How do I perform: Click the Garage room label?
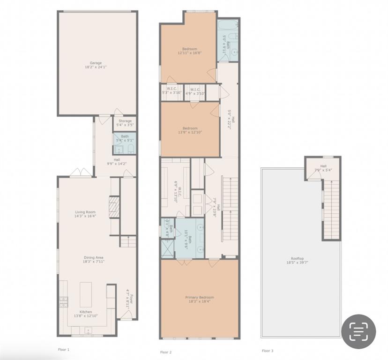coord(96,65)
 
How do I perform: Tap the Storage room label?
coord(125,123)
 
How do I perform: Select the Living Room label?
coord(85,214)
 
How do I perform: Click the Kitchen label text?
coord(85,314)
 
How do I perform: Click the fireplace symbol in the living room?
coord(114,207)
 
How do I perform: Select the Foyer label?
coord(128,297)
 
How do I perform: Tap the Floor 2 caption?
coord(166,352)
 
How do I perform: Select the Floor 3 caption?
coord(268,351)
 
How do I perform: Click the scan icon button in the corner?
coord(358,331)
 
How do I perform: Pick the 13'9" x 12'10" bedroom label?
coord(190,130)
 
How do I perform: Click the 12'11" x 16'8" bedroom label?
coord(190,51)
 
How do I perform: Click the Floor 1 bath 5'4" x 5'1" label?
coord(125,138)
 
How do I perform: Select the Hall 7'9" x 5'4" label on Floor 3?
coord(323,168)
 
